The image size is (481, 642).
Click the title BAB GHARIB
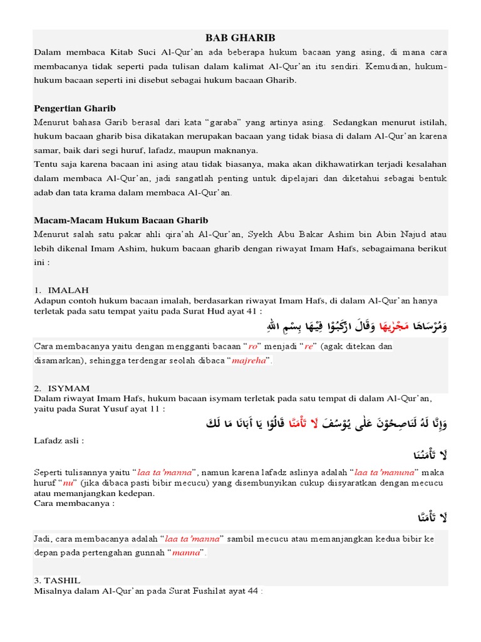(240, 38)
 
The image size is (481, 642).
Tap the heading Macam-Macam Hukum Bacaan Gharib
(121, 220)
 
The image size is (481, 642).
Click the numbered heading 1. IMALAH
(62, 290)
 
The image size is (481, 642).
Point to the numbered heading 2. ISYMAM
(63, 388)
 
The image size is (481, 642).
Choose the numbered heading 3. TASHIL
(58, 580)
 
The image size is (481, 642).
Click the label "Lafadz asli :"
(59, 440)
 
